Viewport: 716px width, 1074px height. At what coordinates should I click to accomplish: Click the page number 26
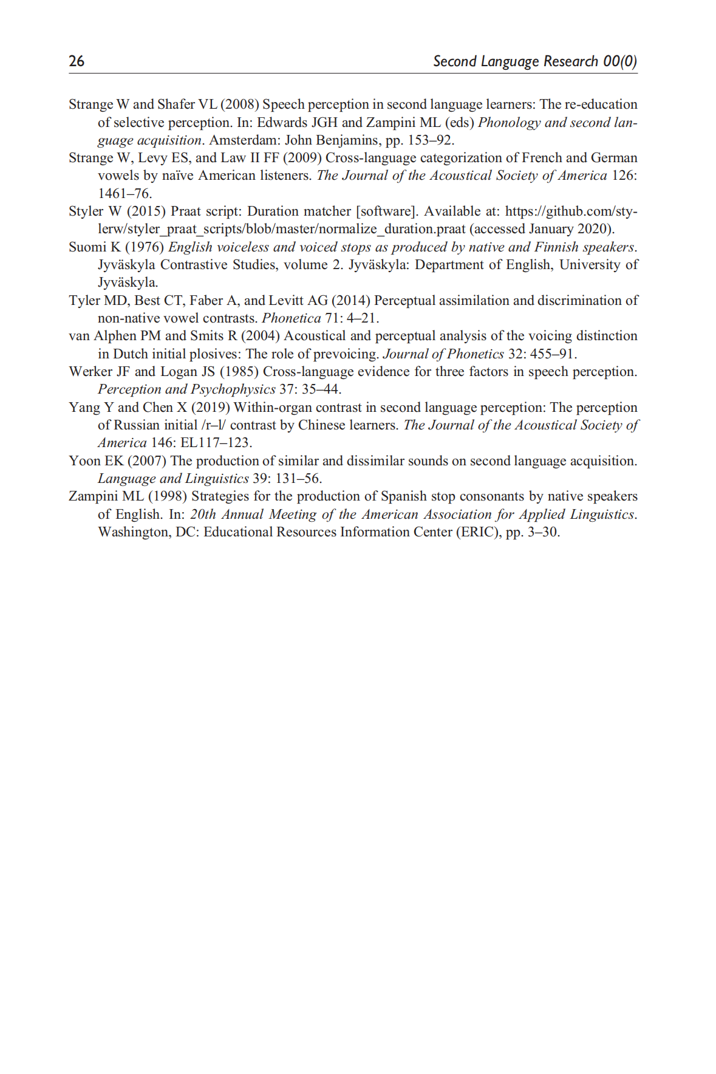77,61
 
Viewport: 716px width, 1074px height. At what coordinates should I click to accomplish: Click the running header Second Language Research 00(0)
534,61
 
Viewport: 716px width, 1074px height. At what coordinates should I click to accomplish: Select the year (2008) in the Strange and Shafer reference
239,104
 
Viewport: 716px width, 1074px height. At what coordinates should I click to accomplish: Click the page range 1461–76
124,194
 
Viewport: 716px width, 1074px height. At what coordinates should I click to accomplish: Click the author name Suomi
87,247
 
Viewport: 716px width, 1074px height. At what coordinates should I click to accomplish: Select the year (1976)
145,247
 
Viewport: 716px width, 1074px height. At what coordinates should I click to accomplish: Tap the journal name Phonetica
291,318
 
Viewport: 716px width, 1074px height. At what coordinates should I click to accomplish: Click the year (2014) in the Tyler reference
350,301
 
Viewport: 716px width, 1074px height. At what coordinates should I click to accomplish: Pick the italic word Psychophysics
233,389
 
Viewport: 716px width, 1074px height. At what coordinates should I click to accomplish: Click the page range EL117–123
216,443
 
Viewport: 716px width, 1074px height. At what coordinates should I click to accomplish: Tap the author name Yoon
84,461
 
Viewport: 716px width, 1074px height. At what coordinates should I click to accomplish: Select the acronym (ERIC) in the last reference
479,532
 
